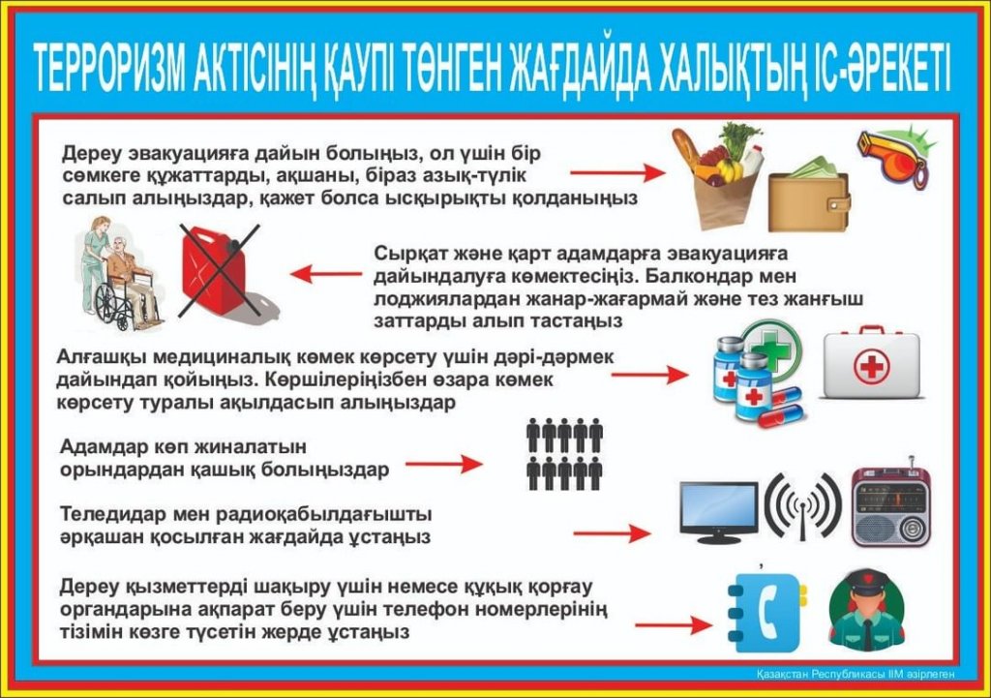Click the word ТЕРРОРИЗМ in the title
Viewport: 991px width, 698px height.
tap(109, 68)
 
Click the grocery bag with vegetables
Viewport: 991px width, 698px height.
tap(717, 175)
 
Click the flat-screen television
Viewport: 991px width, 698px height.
tap(719, 513)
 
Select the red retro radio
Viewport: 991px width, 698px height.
tap(891, 504)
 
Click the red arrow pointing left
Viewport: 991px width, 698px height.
tap(326, 274)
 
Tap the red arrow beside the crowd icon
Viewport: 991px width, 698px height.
tap(443, 464)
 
